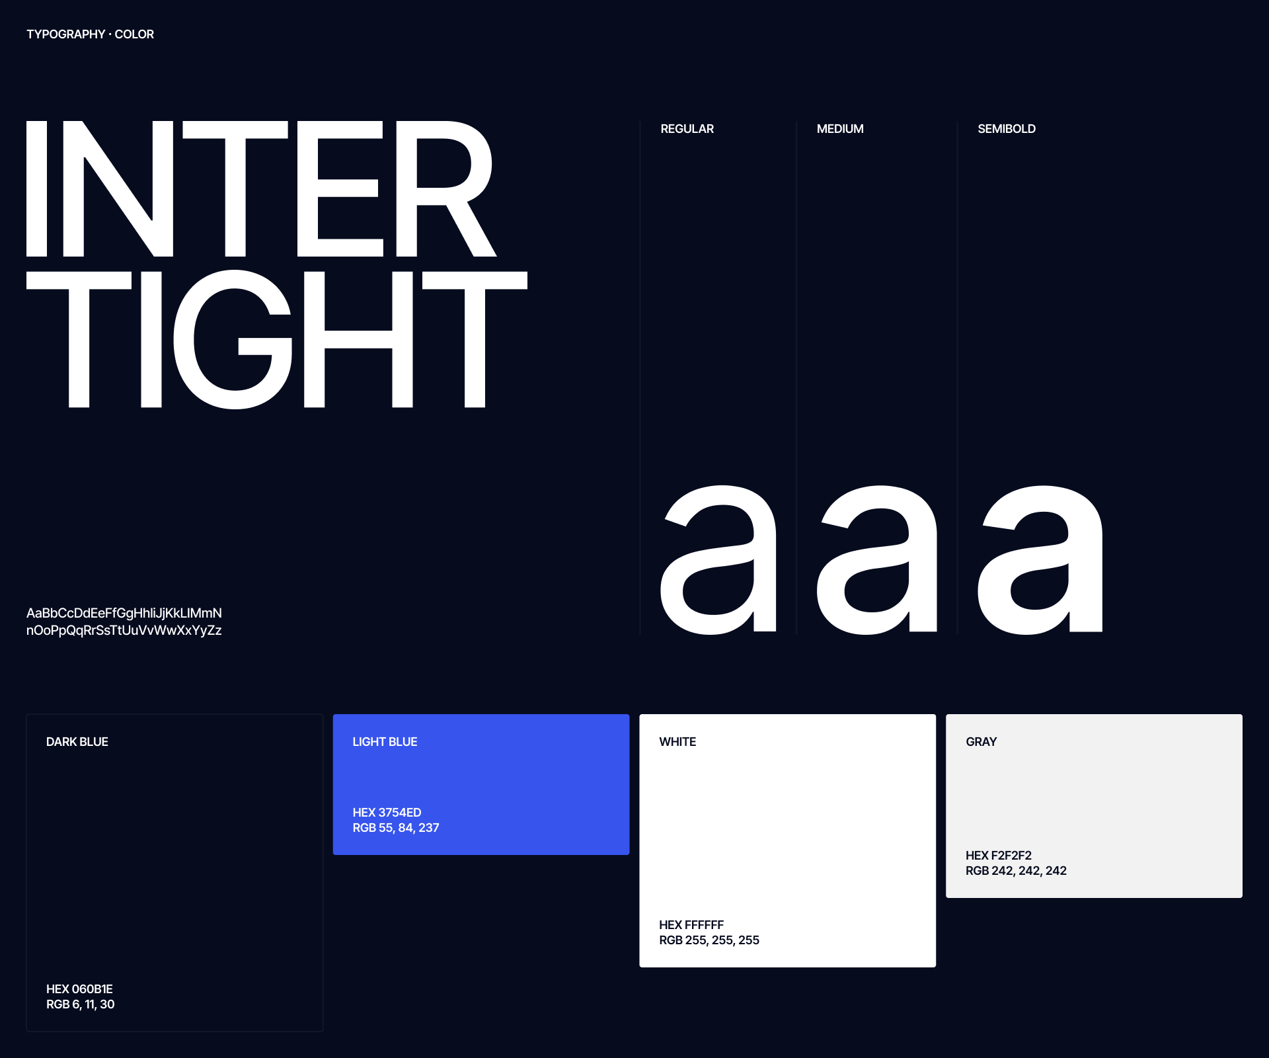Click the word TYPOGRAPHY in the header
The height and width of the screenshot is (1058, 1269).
click(65, 34)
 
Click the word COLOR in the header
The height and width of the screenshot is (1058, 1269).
click(134, 34)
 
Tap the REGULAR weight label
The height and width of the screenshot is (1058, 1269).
click(687, 129)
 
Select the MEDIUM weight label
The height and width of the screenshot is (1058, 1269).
click(840, 129)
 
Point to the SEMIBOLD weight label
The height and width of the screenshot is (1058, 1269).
click(1007, 129)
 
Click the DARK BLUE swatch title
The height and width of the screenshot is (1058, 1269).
click(77, 742)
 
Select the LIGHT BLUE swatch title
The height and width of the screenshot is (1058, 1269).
click(385, 742)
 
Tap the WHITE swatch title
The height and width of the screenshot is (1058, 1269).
click(677, 742)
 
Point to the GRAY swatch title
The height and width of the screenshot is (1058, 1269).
click(981, 742)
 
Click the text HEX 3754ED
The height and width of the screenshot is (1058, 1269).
click(387, 813)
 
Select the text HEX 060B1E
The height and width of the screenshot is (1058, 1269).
click(79, 989)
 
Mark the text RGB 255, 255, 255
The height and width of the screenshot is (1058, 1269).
click(709, 940)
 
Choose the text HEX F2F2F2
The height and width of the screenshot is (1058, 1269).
click(999, 856)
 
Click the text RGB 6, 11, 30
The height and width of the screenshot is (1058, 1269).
click(81, 1004)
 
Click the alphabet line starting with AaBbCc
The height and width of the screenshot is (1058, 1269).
click(124, 614)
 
